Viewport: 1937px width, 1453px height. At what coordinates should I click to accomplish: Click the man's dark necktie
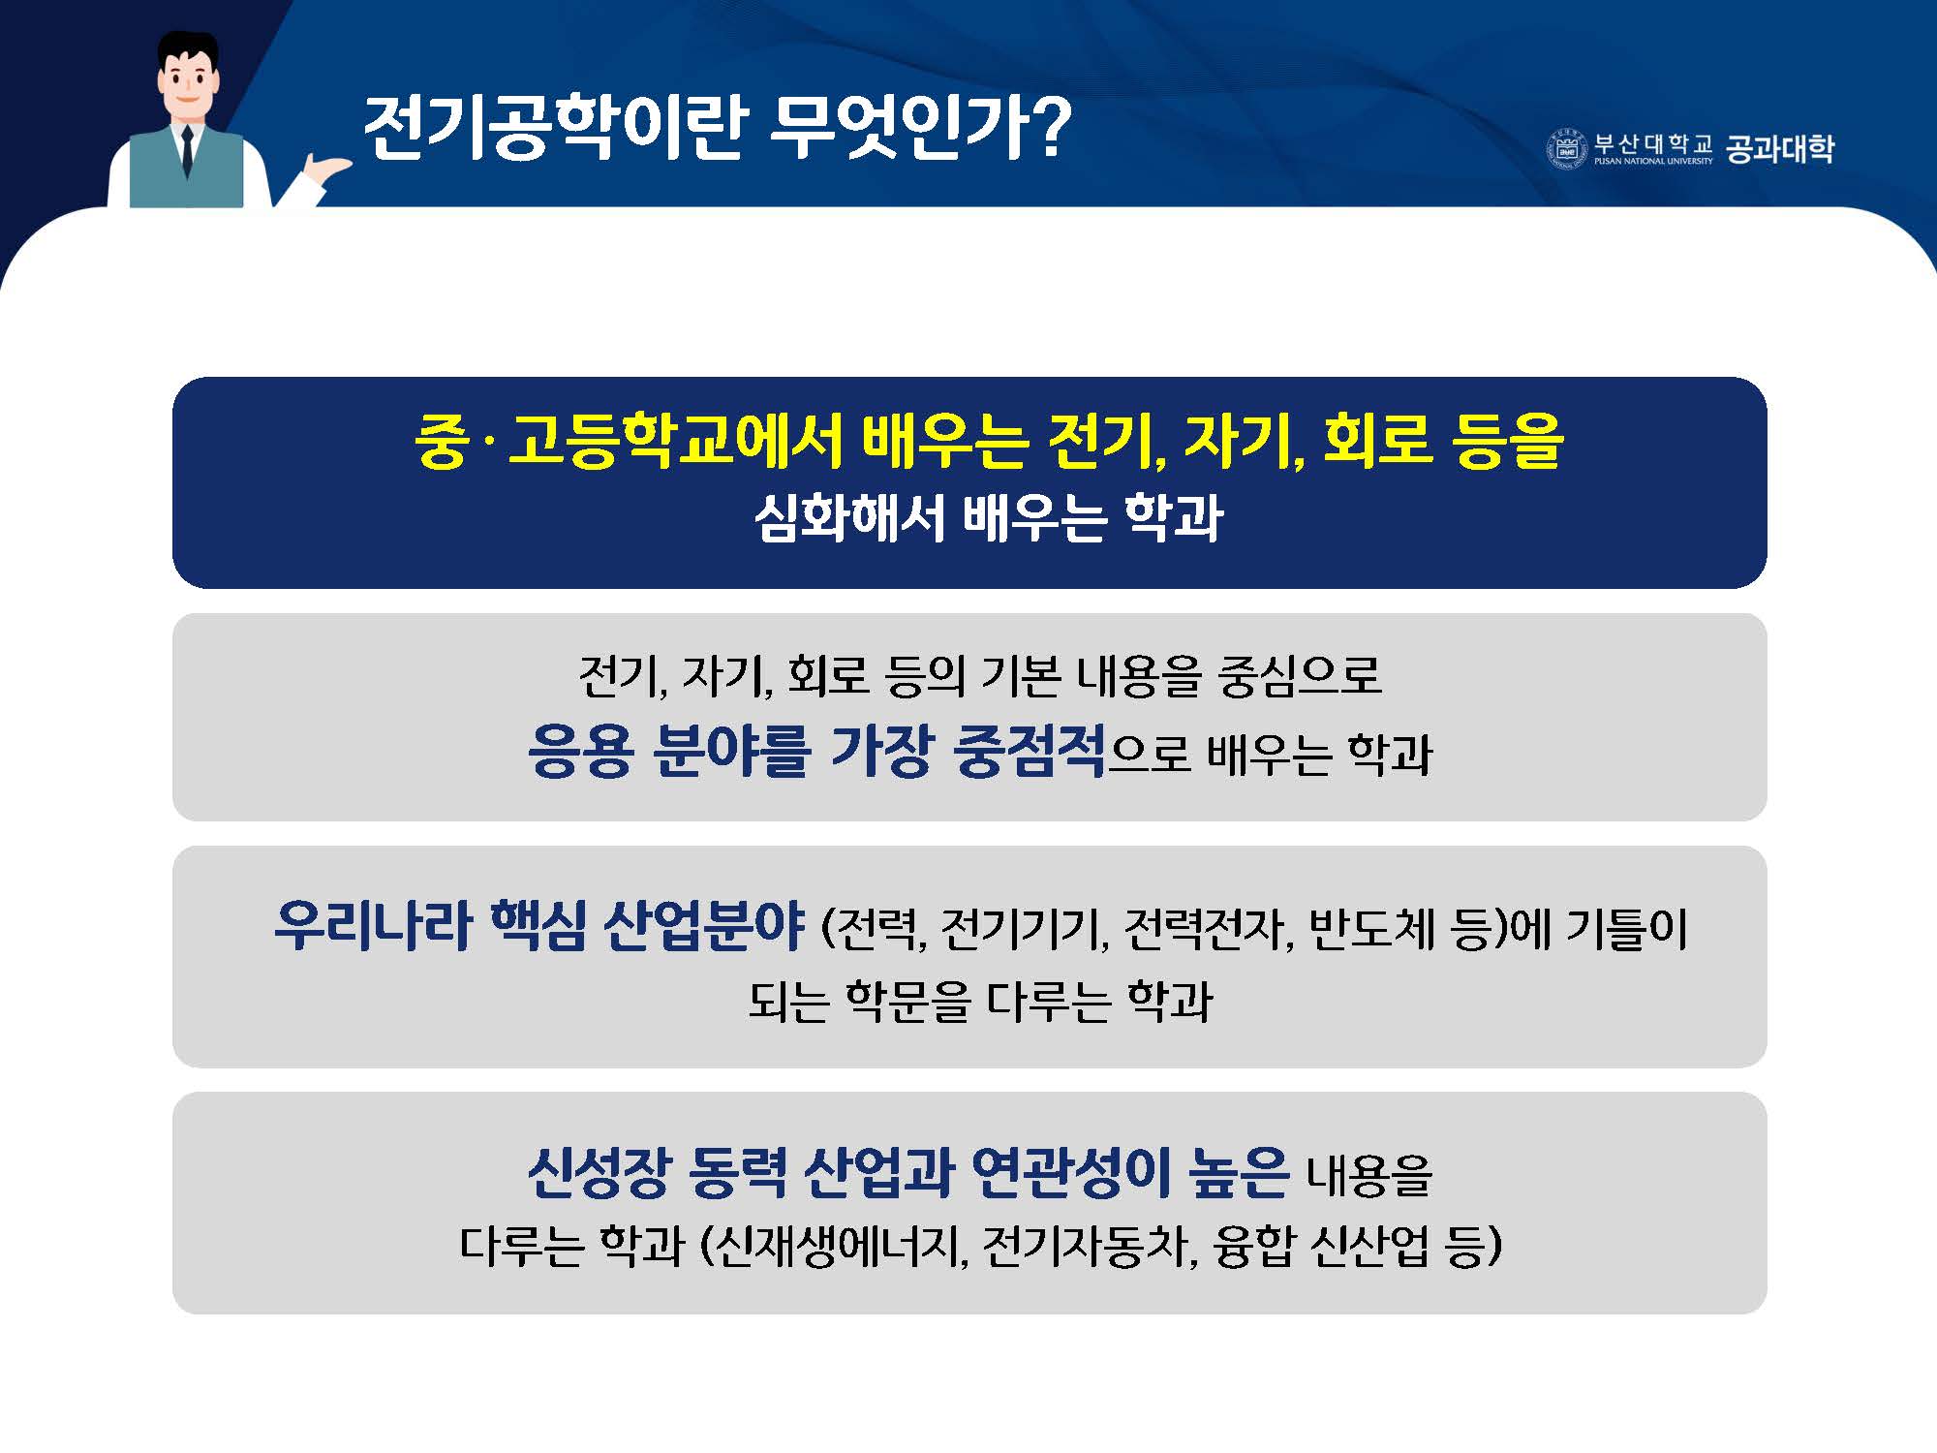coord(187,150)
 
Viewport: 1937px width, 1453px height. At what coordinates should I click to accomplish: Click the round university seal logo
coord(1566,149)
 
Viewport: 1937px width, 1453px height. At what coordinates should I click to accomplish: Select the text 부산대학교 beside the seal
coord(1653,143)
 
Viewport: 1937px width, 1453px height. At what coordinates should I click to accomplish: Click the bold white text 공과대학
coord(1780,148)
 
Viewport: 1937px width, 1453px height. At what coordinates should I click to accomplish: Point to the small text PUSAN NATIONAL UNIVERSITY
coord(1653,162)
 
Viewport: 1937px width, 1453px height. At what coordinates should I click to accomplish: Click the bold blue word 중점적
coord(1030,751)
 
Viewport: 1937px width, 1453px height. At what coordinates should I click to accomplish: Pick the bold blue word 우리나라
coord(373,925)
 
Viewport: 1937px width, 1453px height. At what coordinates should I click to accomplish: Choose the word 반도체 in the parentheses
coord(1368,929)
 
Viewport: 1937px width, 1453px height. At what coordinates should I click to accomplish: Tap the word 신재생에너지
coord(833,1246)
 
